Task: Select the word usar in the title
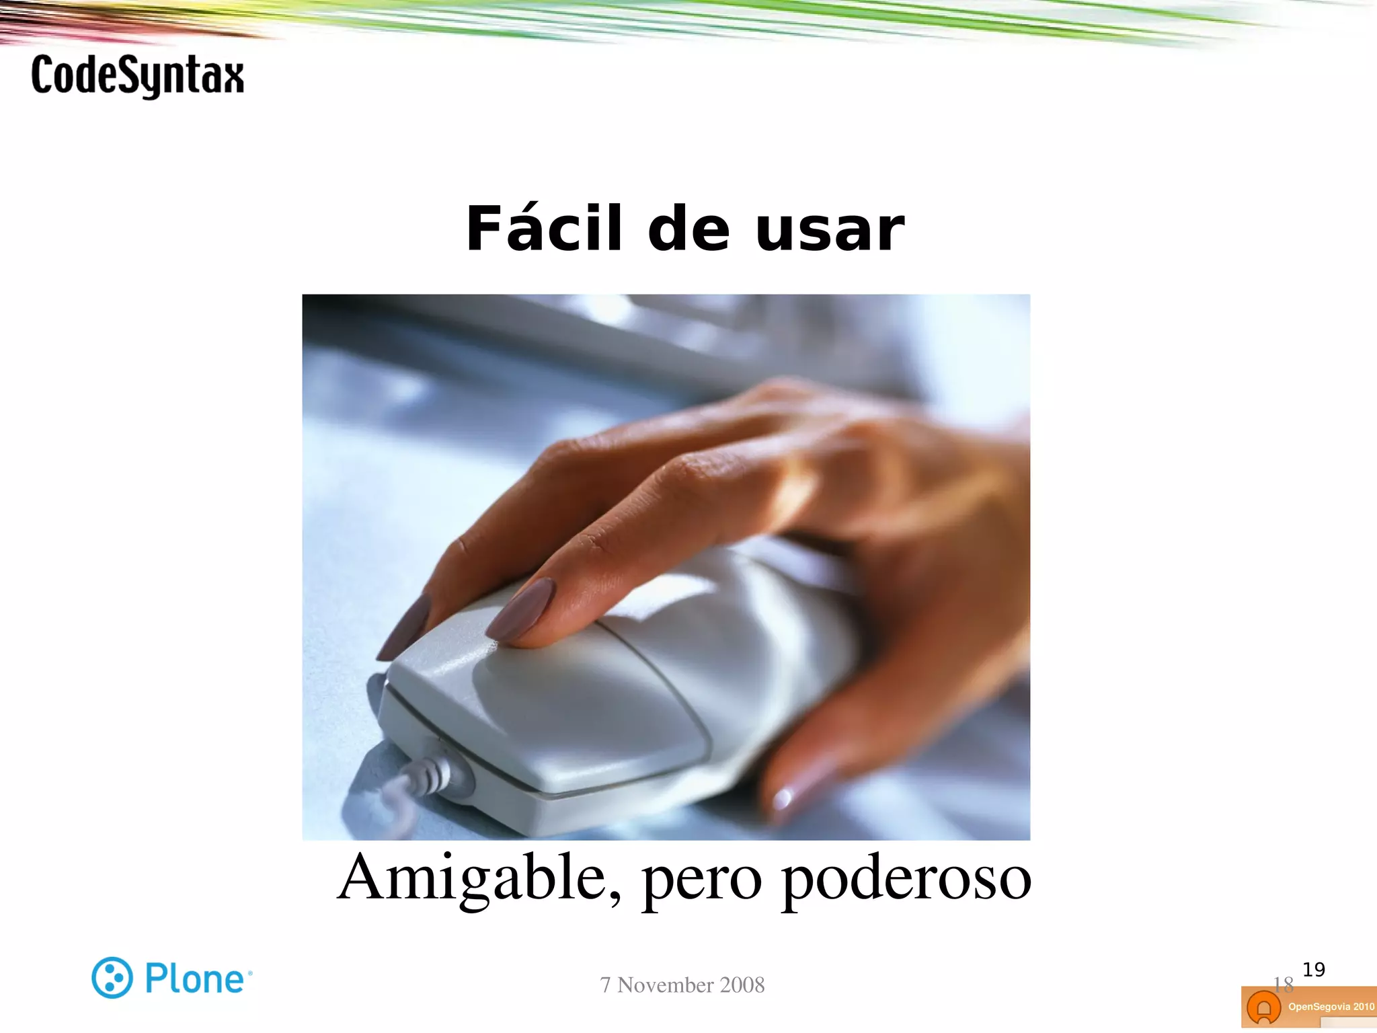(x=830, y=231)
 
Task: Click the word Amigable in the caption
(x=479, y=877)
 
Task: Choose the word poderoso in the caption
(x=906, y=878)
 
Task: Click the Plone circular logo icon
(x=112, y=977)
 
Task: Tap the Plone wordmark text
(x=195, y=979)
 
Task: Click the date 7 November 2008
(x=682, y=985)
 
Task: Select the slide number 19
(x=1313, y=970)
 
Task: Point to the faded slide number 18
(x=1283, y=985)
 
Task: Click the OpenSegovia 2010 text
(x=1331, y=1007)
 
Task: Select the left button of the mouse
(x=551, y=706)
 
